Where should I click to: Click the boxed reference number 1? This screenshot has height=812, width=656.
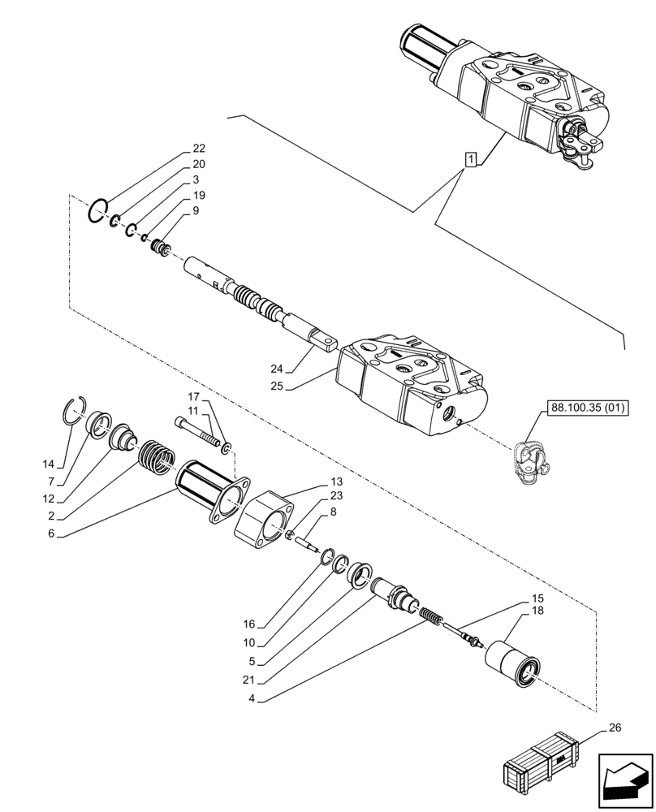[x=470, y=159]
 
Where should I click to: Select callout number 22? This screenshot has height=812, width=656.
[x=199, y=149]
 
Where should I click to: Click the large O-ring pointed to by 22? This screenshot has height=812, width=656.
[x=98, y=214]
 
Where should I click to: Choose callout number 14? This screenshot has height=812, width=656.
[x=50, y=464]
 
